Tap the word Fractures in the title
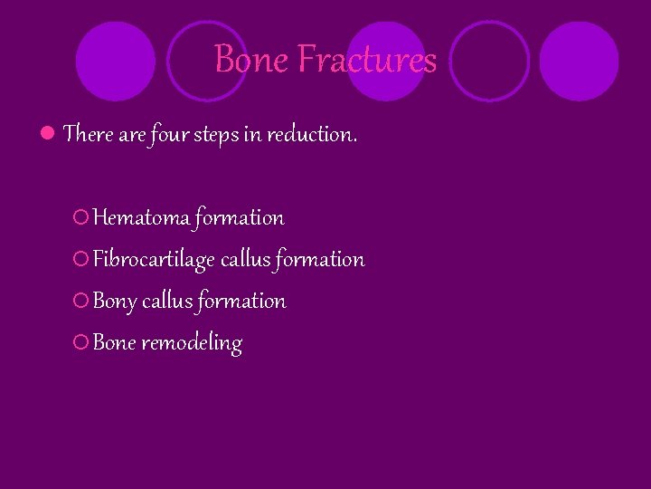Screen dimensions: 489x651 coord(367,60)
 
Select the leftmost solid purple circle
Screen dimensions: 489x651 coord(115,61)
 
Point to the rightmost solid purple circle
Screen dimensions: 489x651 coord(579,61)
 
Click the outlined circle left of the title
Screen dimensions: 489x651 coord(207,61)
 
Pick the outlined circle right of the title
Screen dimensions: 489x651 coord(489,61)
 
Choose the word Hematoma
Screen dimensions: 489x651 coord(141,217)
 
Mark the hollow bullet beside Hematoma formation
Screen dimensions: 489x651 coord(80,217)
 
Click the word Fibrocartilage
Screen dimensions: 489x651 coord(154,260)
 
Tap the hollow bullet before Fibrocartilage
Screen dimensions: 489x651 coord(80,260)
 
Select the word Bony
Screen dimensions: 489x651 coord(114,302)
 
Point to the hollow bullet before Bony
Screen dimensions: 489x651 coord(80,302)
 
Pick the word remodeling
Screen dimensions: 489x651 coord(192,343)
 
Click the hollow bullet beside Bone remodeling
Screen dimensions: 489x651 coord(80,343)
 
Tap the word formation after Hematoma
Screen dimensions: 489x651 coord(240,217)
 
